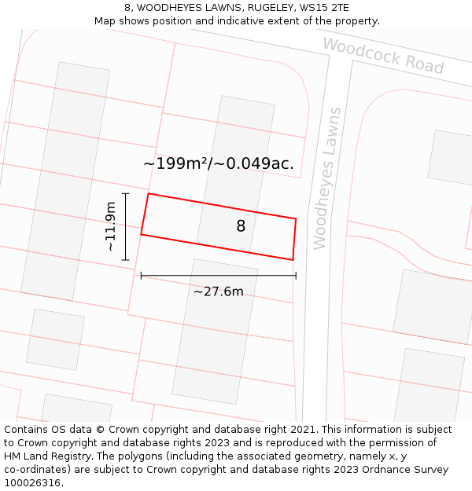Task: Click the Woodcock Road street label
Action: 383,55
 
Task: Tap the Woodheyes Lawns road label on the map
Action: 326,178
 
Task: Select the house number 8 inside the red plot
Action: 241,226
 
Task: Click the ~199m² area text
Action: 175,163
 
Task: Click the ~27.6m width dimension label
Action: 218,291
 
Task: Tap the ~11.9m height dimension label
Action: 111,226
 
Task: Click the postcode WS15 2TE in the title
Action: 324,8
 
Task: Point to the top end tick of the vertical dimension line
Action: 125,192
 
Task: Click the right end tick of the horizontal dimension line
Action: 296,276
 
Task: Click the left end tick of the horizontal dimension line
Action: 141,276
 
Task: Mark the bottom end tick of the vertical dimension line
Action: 125,260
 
